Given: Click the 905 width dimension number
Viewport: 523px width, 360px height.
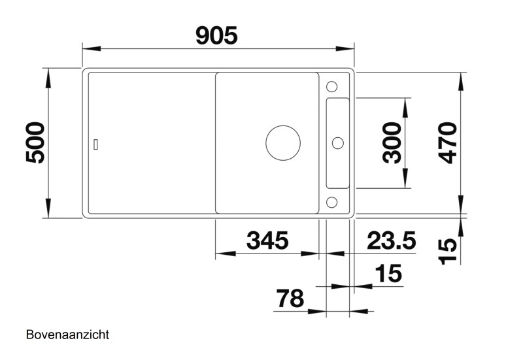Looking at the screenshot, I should (216, 36).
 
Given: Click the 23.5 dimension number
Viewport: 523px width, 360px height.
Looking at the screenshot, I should (391, 241).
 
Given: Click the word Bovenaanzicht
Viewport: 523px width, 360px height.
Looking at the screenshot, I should (67, 335).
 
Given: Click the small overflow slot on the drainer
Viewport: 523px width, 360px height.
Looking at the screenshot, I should (97, 144).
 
